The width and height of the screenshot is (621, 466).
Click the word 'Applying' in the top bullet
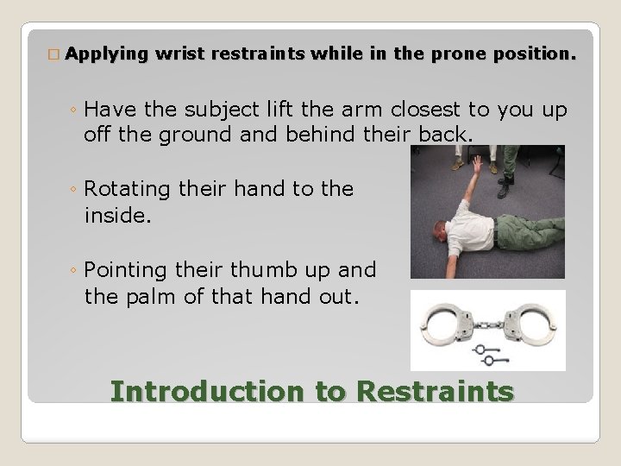pyautogui.click(x=106, y=54)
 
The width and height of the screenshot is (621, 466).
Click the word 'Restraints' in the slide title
pyautogui.click(x=435, y=391)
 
